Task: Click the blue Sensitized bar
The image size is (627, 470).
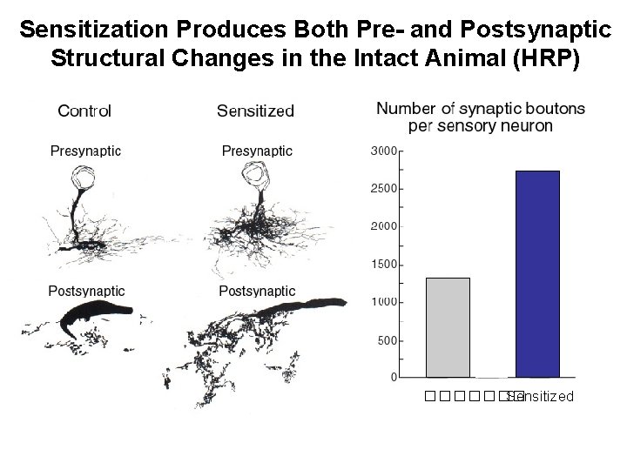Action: tap(538, 274)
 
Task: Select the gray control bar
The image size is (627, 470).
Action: tap(448, 327)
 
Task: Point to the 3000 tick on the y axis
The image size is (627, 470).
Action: tap(384, 151)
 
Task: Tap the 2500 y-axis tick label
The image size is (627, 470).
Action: tap(384, 188)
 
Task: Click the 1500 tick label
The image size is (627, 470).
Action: tap(384, 264)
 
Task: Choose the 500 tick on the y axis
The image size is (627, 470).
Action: tap(388, 339)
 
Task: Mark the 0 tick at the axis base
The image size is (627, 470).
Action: tap(394, 378)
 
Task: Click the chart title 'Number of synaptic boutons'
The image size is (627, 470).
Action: tap(481, 109)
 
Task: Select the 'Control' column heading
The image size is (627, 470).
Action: tap(84, 111)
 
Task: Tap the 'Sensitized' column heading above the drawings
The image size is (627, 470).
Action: tap(255, 111)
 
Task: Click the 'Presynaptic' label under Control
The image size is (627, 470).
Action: tap(85, 151)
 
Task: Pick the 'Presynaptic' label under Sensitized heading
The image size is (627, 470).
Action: tap(257, 151)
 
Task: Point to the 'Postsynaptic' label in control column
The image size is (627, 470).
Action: tap(86, 291)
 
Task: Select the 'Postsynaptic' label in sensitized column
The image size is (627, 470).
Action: tap(257, 291)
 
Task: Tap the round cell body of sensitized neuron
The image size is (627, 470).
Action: tap(259, 179)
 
